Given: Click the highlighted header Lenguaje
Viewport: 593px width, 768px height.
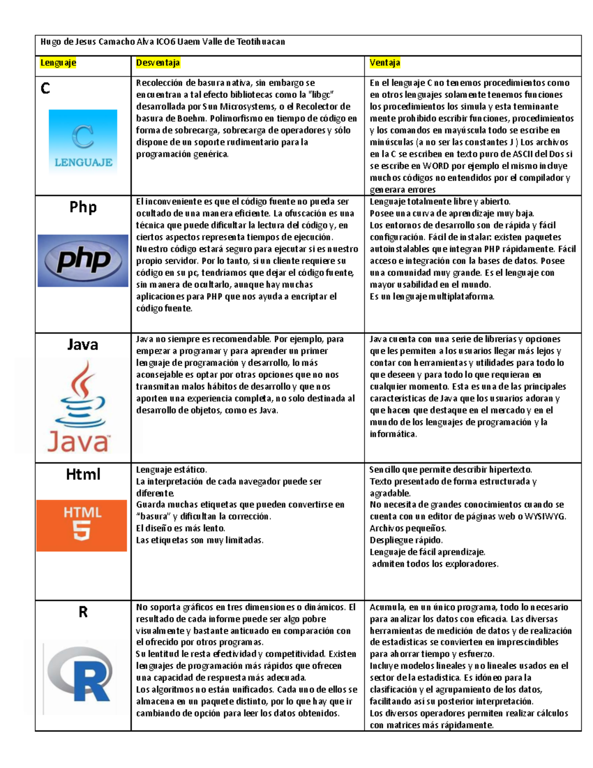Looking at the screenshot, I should point(58,63).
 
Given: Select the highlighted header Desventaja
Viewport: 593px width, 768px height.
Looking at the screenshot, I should point(158,63).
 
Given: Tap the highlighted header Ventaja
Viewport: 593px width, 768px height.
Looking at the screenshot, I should point(384,63).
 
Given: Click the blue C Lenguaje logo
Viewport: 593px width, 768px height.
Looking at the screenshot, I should point(83,141).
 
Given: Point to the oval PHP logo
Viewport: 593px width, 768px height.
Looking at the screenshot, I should point(83,260).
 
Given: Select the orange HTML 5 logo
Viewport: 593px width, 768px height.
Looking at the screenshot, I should point(82,525).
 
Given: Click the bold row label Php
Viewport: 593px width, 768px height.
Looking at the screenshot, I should point(83,207).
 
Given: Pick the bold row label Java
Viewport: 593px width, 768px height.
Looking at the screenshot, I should point(83,344).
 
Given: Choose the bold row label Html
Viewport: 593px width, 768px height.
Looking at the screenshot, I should point(83,475).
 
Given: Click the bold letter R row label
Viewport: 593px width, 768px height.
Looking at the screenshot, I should point(83,612).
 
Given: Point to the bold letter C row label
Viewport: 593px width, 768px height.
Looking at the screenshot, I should point(45,89).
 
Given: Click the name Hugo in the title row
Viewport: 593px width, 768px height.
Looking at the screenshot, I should point(50,42).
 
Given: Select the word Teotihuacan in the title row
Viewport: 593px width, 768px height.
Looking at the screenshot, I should point(260,42).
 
